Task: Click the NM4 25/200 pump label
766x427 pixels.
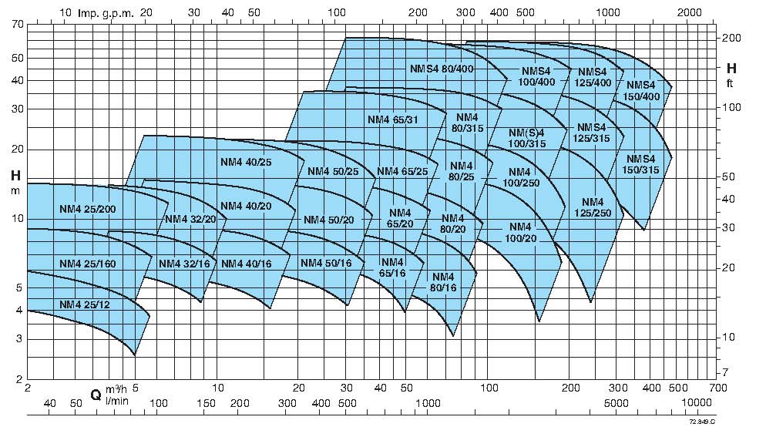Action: tap(87, 209)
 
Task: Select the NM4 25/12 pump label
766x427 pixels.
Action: tap(85, 304)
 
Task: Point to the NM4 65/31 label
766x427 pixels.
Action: tap(393, 119)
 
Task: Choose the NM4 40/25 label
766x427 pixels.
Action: tap(246, 162)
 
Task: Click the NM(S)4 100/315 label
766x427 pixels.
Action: tap(527, 139)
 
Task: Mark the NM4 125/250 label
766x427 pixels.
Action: tap(593, 207)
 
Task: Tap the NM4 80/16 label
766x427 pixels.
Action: tap(444, 282)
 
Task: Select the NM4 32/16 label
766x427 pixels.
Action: tap(184, 264)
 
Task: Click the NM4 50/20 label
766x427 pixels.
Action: tap(328, 220)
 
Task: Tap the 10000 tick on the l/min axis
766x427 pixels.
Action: tap(696, 403)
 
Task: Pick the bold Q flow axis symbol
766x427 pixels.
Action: tap(96, 395)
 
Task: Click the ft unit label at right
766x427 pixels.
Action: tap(729, 83)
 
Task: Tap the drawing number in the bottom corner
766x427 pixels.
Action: tap(703, 421)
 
